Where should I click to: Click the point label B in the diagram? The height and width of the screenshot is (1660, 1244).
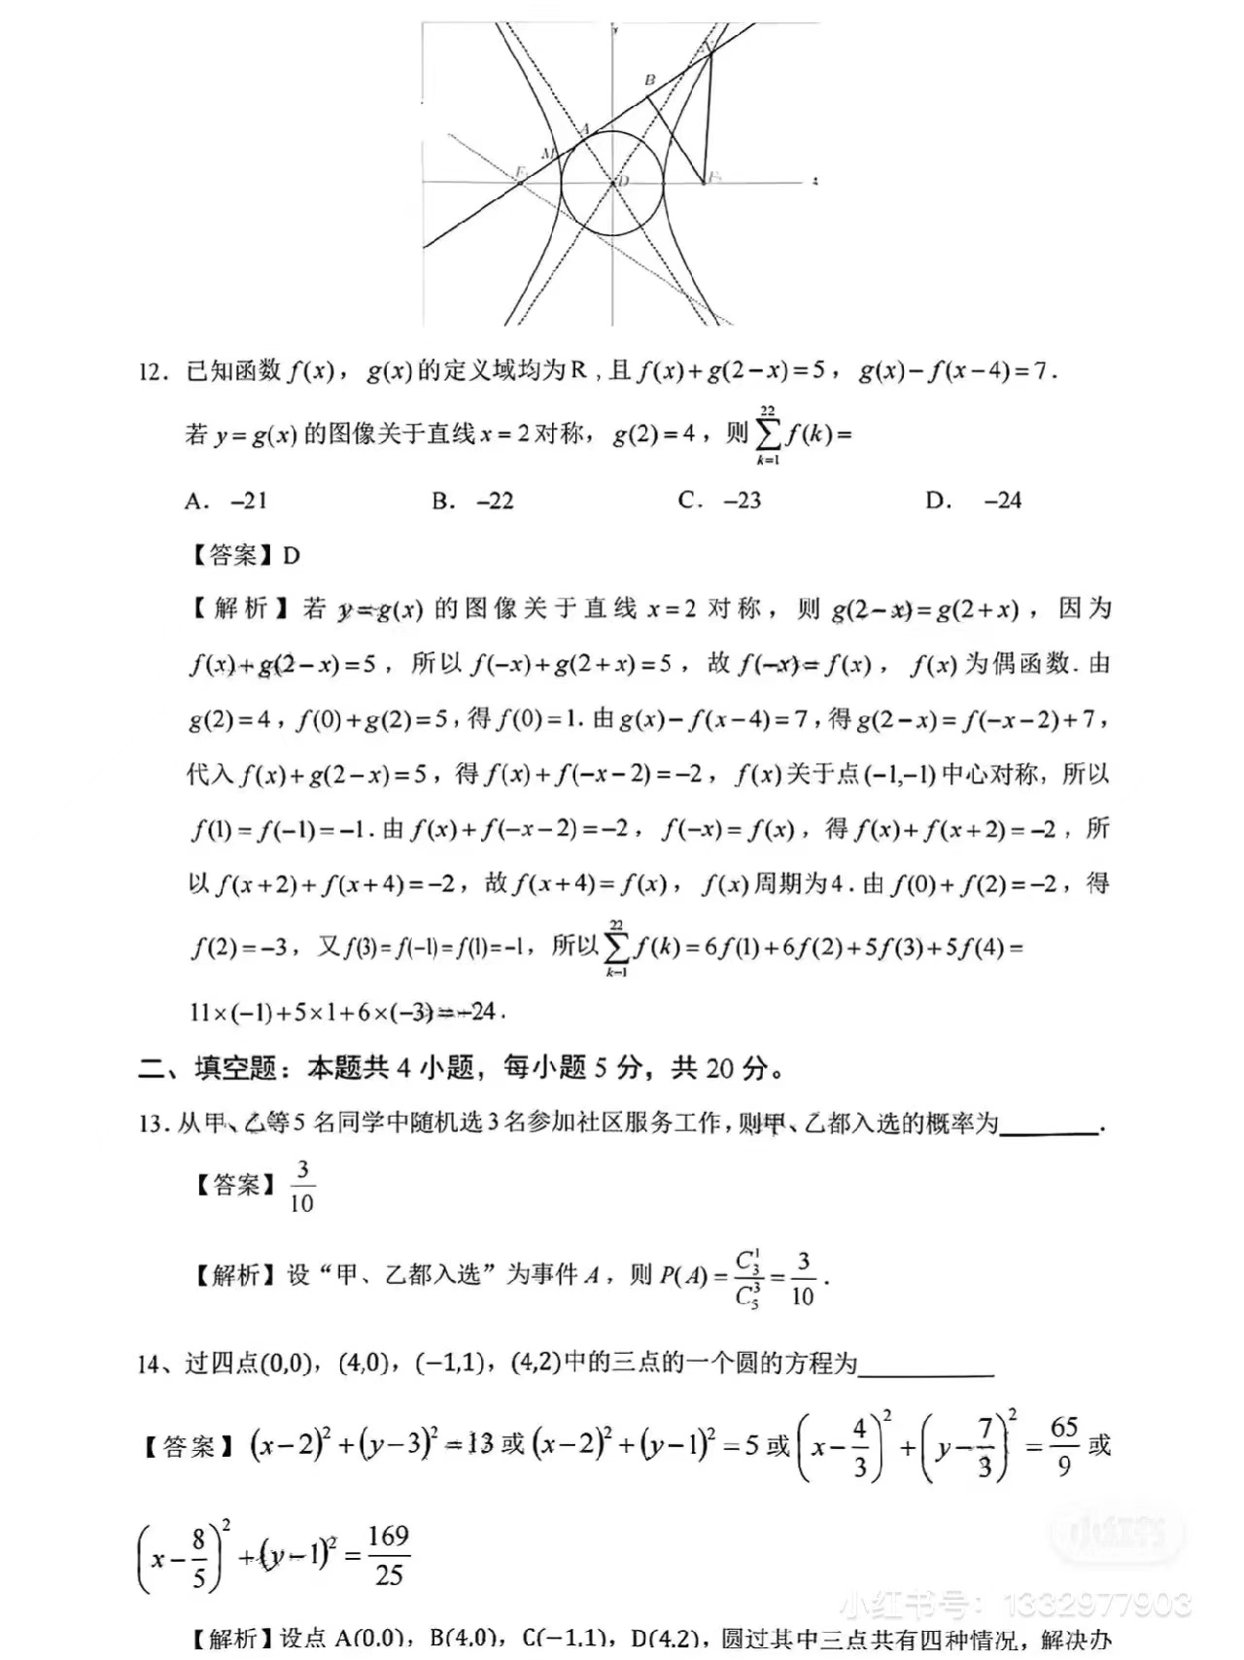[650, 81]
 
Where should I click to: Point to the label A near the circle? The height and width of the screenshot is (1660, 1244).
[584, 129]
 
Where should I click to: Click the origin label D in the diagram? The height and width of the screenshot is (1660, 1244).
[624, 181]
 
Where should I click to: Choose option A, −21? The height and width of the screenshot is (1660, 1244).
[225, 501]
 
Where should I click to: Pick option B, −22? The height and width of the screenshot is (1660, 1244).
[472, 501]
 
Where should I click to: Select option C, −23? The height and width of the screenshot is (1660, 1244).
[719, 501]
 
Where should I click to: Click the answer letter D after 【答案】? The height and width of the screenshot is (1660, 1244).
[291, 556]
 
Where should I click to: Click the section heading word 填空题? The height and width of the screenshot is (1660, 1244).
[235, 1068]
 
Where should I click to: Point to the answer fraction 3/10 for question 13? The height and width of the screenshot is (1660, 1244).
[302, 1186]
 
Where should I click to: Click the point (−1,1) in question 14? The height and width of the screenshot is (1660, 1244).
[450, 1364]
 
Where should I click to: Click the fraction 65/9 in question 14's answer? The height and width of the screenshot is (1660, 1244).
[1064, 1446]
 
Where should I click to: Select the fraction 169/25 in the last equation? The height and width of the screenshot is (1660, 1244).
[388, 1555]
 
